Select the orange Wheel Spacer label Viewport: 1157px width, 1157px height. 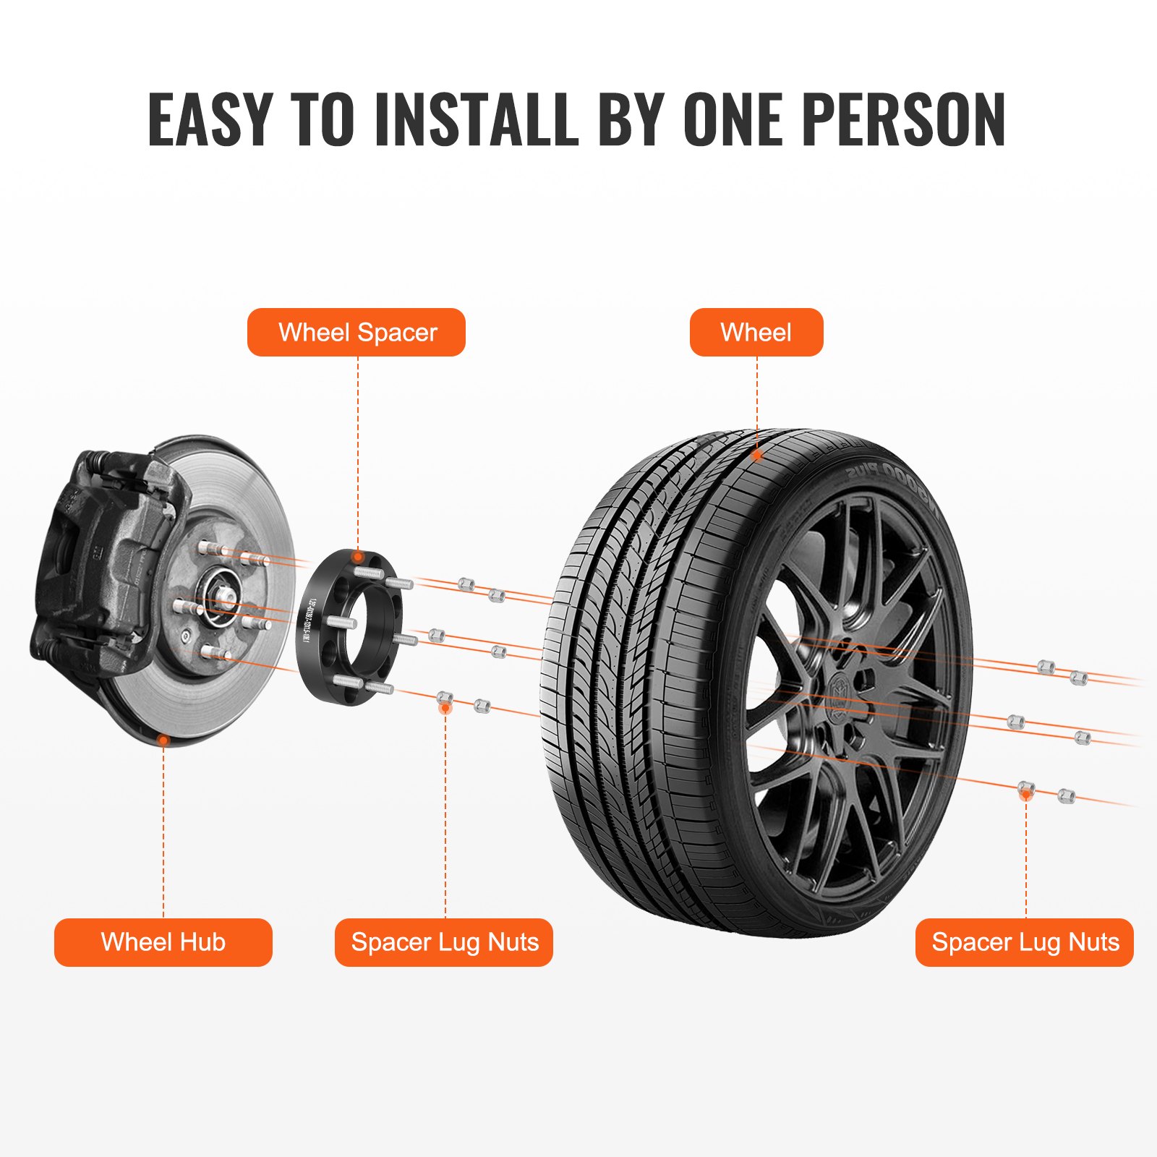[357, 333]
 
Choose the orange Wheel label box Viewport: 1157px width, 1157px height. [756, 333]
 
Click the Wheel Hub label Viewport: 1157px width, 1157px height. [163, 942]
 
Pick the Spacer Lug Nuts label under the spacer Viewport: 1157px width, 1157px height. [444, 942]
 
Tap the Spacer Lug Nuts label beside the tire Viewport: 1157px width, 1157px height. [1025, 942]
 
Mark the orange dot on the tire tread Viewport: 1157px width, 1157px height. [757, 456]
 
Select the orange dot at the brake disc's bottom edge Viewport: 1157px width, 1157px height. [164, 740]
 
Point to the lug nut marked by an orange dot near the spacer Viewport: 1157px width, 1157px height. [445, 700]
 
